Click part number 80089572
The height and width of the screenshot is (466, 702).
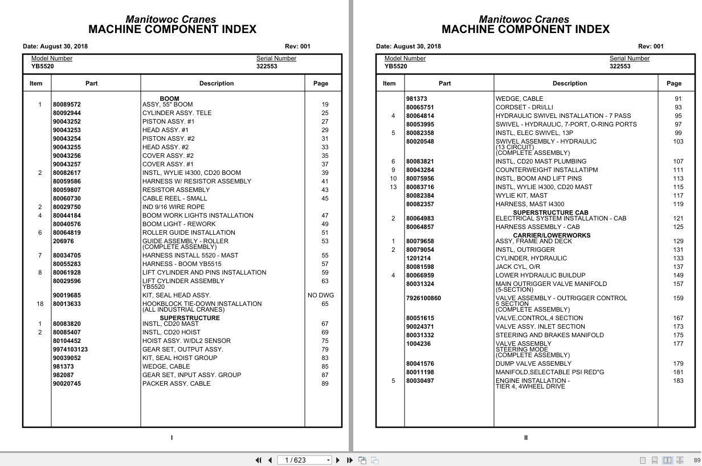click(67, 104)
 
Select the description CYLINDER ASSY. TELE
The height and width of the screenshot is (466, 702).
click(177, 113)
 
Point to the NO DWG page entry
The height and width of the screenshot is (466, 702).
click(321, 295)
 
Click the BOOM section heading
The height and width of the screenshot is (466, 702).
click(169, 99)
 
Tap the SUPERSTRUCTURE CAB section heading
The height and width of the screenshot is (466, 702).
click(550, 212)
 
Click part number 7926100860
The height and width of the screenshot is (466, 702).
click(423, 298)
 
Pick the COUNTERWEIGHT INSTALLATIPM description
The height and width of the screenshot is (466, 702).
click(546, 170)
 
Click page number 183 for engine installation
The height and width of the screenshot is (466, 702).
click(678, 381)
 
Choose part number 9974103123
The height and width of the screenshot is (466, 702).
click(70, 349)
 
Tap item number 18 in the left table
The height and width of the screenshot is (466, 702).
click(40, 304)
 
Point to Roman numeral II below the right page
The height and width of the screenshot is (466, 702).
click(525, 438)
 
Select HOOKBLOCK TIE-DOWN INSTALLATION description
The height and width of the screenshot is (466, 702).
click(202, 304)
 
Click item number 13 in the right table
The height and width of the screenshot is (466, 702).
click(393, 187)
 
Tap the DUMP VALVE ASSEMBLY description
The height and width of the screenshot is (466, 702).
click(533, 363)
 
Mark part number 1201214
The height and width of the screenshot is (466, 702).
click(418, 258)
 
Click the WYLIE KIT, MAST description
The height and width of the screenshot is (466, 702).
click(521, 195)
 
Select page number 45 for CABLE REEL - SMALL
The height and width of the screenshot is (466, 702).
click(325, 198)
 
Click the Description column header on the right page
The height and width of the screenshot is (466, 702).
click(569, 83)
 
